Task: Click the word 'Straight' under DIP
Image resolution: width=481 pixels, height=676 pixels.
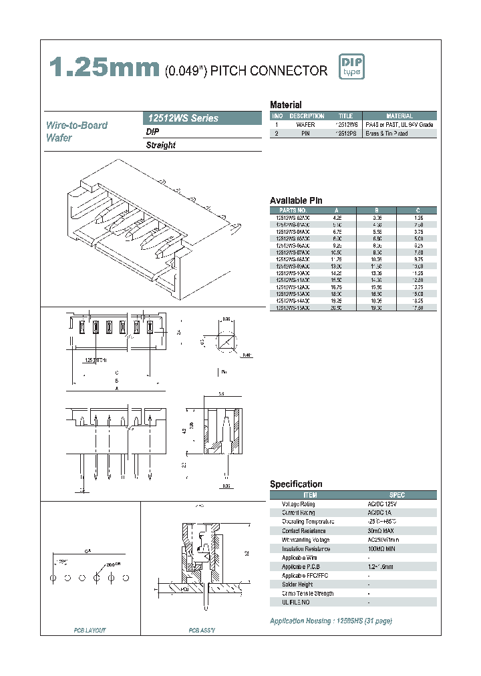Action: coord(161,145)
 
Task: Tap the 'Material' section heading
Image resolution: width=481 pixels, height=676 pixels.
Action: coord(285,105)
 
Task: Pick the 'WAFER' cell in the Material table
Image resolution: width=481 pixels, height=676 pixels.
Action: coord(305,125)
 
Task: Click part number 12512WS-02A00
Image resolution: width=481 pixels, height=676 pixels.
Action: coord(293,218)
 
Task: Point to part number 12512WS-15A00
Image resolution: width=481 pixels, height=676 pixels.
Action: coord(293,308)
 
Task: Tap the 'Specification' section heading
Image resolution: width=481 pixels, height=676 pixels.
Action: coord(296,484)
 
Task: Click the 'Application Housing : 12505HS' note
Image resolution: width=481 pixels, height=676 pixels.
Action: coord(331,621)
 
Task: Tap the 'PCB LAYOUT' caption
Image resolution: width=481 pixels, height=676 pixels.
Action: coord(90,630)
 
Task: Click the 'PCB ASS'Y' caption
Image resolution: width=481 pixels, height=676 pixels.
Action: coord(201,630)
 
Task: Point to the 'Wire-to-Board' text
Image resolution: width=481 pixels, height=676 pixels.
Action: coord(76,125)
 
